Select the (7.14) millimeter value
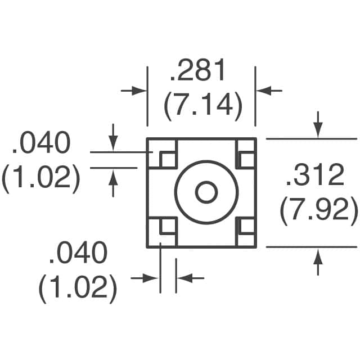[203, 106]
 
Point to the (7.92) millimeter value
[319, 211]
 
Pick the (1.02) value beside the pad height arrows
[40, 179]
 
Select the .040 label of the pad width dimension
[78, 254]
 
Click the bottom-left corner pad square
[167, 226]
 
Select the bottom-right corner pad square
[245, 226]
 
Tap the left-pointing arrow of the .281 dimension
[270, 90]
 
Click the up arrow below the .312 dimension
[318, 262]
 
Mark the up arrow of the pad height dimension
[113, 183]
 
